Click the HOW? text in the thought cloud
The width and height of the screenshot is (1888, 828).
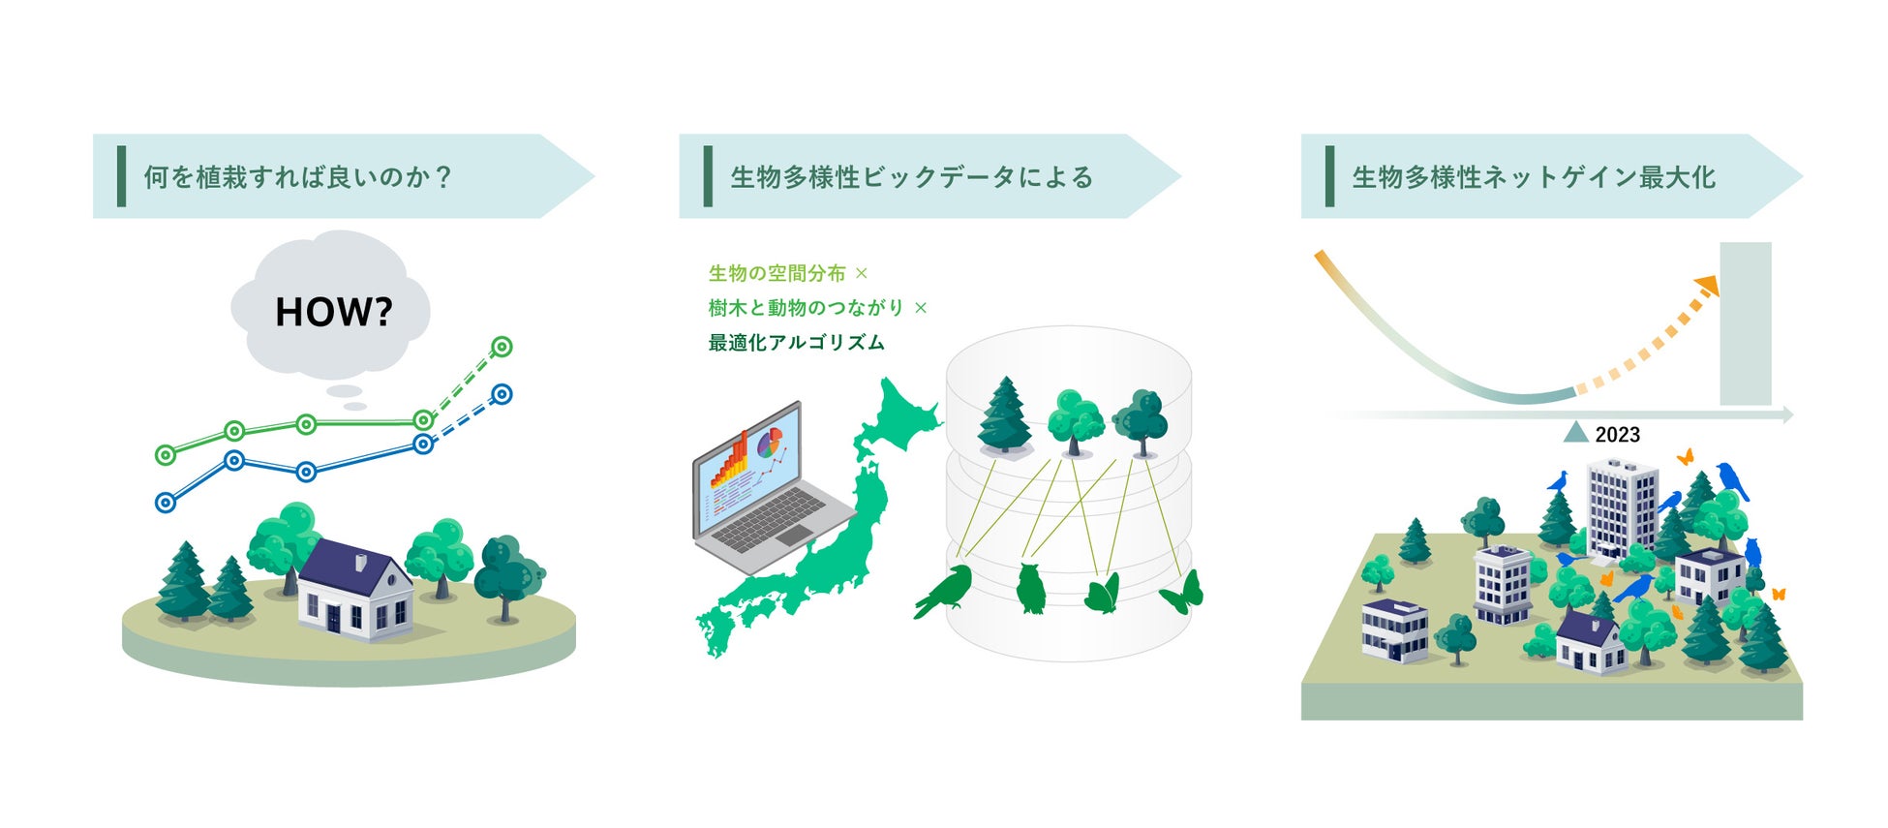pyautogui.click(x=333, y=312)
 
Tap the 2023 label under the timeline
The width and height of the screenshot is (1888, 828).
pyautogui.click(x=1617, y=435)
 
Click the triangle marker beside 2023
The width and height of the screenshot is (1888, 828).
pyautogui.click(x=1576, y=433)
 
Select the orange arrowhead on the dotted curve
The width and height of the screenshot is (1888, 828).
pyautogui.click(x=1707, y=285)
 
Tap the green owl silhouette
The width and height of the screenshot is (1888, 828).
pyautogui.click(x=1031, y=588)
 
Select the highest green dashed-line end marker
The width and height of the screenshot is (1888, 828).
pyautogui.click(x=502, y=346)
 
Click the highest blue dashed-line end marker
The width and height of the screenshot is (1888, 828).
pyautogui.click(x=502, y=394)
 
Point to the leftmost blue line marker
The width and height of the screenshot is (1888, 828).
pyautogui.click(x=166, y=503)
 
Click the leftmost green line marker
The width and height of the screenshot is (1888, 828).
pyautogui.click(x=166, y=454)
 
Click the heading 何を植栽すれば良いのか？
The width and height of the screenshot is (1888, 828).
pyautogui.click(x=298, y=177)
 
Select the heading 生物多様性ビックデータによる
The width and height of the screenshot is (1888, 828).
pyautogui.click(x=911, y=177)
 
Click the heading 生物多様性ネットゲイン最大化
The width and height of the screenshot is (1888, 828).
pyautogui.click(x=1534, y=177)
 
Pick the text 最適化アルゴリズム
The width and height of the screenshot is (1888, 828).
pyautogui.click(x=796, y=343)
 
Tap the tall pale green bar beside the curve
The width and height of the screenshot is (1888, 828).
pyautogui.click(x=1745, y=323)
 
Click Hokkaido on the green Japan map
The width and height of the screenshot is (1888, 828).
pyautogui.click(x=898, y=417)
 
